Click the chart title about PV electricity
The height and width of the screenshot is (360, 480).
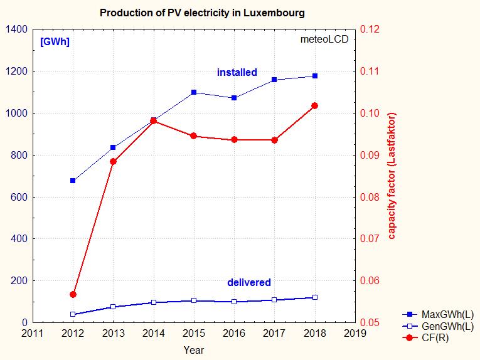pos(202,13)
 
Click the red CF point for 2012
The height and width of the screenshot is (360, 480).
pos(73,294)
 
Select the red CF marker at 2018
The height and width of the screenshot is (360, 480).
pos(315,105)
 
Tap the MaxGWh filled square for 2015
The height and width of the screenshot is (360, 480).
pos(194,92)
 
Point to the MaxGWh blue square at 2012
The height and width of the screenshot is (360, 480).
pos(73,181)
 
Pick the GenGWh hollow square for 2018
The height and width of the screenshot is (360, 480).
pos(315,297)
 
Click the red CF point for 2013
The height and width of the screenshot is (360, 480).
pos(113,162)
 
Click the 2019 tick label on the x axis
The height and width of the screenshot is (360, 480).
pos(355,333)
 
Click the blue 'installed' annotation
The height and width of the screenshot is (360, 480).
pos(237,73)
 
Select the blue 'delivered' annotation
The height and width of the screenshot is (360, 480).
pos(249,283)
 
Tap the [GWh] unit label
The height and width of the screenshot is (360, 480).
pos(55,42)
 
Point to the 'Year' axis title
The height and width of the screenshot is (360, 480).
pos(193,350)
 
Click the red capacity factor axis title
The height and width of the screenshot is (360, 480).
pos(392,176)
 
